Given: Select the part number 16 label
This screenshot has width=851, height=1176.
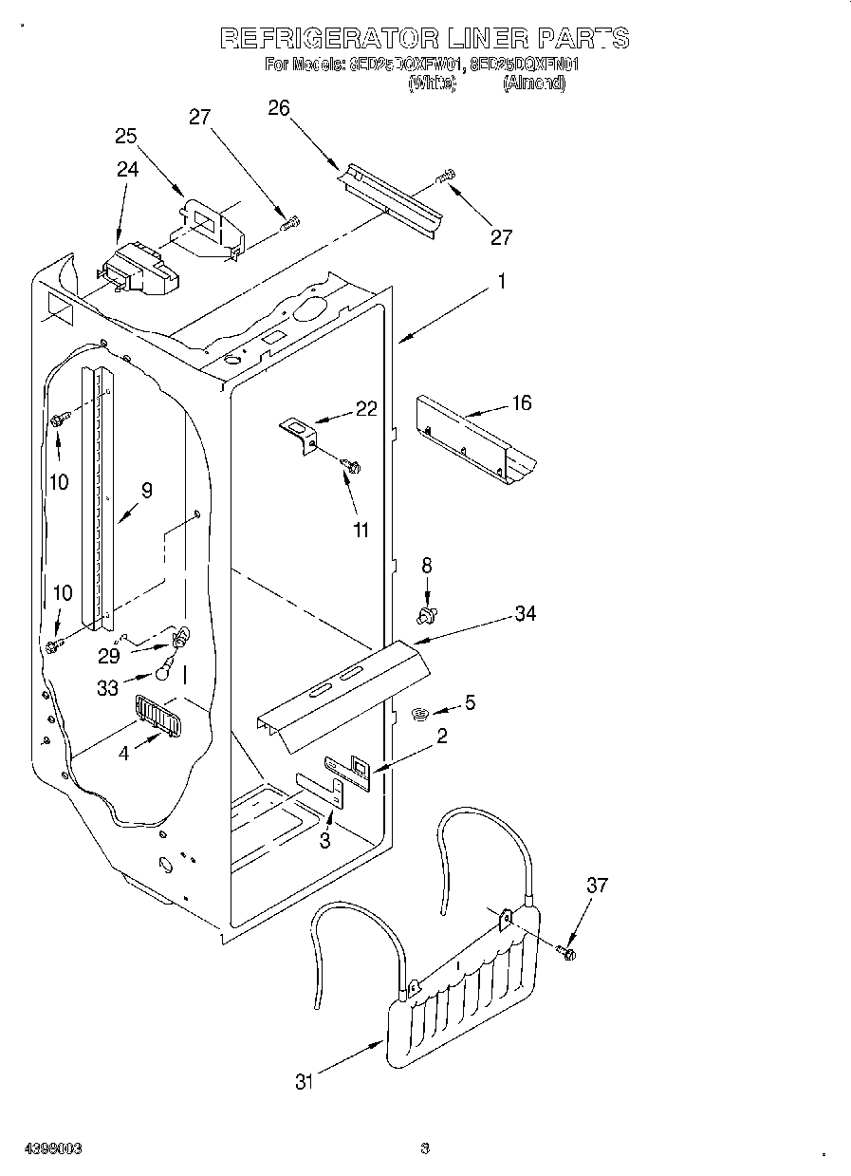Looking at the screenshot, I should (x=521, y=402).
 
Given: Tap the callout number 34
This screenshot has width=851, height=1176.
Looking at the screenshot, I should (x=525, y=614).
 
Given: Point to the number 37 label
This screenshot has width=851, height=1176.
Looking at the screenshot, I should (x=596, y=886).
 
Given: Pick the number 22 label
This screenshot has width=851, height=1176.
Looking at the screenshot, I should (x=366, y=409).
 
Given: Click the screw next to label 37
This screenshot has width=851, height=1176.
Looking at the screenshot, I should (x=568, y=950).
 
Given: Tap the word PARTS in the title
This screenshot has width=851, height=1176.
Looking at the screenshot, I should (x=583, y=38).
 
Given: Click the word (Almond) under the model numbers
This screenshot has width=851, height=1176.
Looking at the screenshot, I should (x=535, y=84).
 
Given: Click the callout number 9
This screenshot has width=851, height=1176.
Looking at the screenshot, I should (x=146, y=491).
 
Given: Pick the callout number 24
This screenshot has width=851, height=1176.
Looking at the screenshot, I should (x=127, y=169).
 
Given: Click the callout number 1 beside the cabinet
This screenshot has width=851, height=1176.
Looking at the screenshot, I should (x=503, y=282).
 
